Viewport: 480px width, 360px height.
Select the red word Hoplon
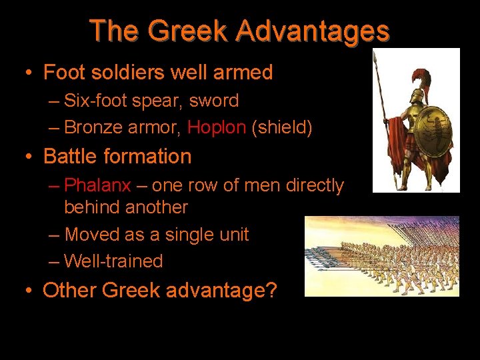tap(217, 127)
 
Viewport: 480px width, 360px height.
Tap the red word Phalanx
tap(98, 185)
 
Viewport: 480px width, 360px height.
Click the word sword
tap(213, 101)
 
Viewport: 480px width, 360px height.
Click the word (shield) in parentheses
tap(282, 127)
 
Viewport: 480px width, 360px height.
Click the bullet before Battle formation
tap(30, 157)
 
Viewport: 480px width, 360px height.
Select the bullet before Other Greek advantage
tap(30, 291)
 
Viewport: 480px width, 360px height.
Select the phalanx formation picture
tap(381, 256)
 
